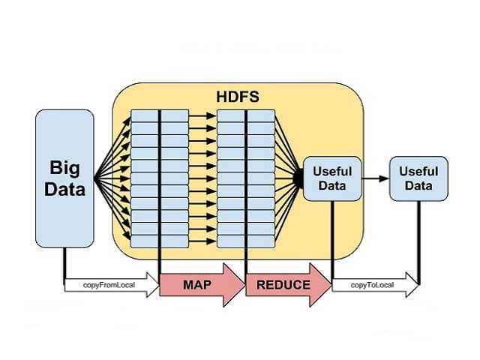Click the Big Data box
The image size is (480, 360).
click(x=64, y=178)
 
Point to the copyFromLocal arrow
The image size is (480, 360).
click(x=111, y=285)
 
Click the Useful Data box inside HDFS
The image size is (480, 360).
click(x=331, y=178)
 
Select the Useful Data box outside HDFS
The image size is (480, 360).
click(x=418, y=178)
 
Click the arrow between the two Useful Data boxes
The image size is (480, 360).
click(x=374, y=178)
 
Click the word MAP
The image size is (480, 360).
click(x=197, y=285)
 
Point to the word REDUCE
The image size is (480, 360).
click(x=283, y=285)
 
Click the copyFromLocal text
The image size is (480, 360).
click(x=109, y=285)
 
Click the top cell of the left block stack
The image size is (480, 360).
click(x=160, y=115)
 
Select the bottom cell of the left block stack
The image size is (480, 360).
click(x=160, y=241)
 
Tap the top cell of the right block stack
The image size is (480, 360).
click(x=246, y=115)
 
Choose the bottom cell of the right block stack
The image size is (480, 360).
click(x=246, y=241)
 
